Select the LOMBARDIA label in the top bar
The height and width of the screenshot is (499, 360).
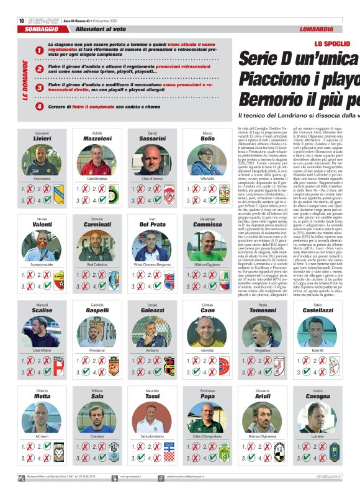click(x=317, y=29)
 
